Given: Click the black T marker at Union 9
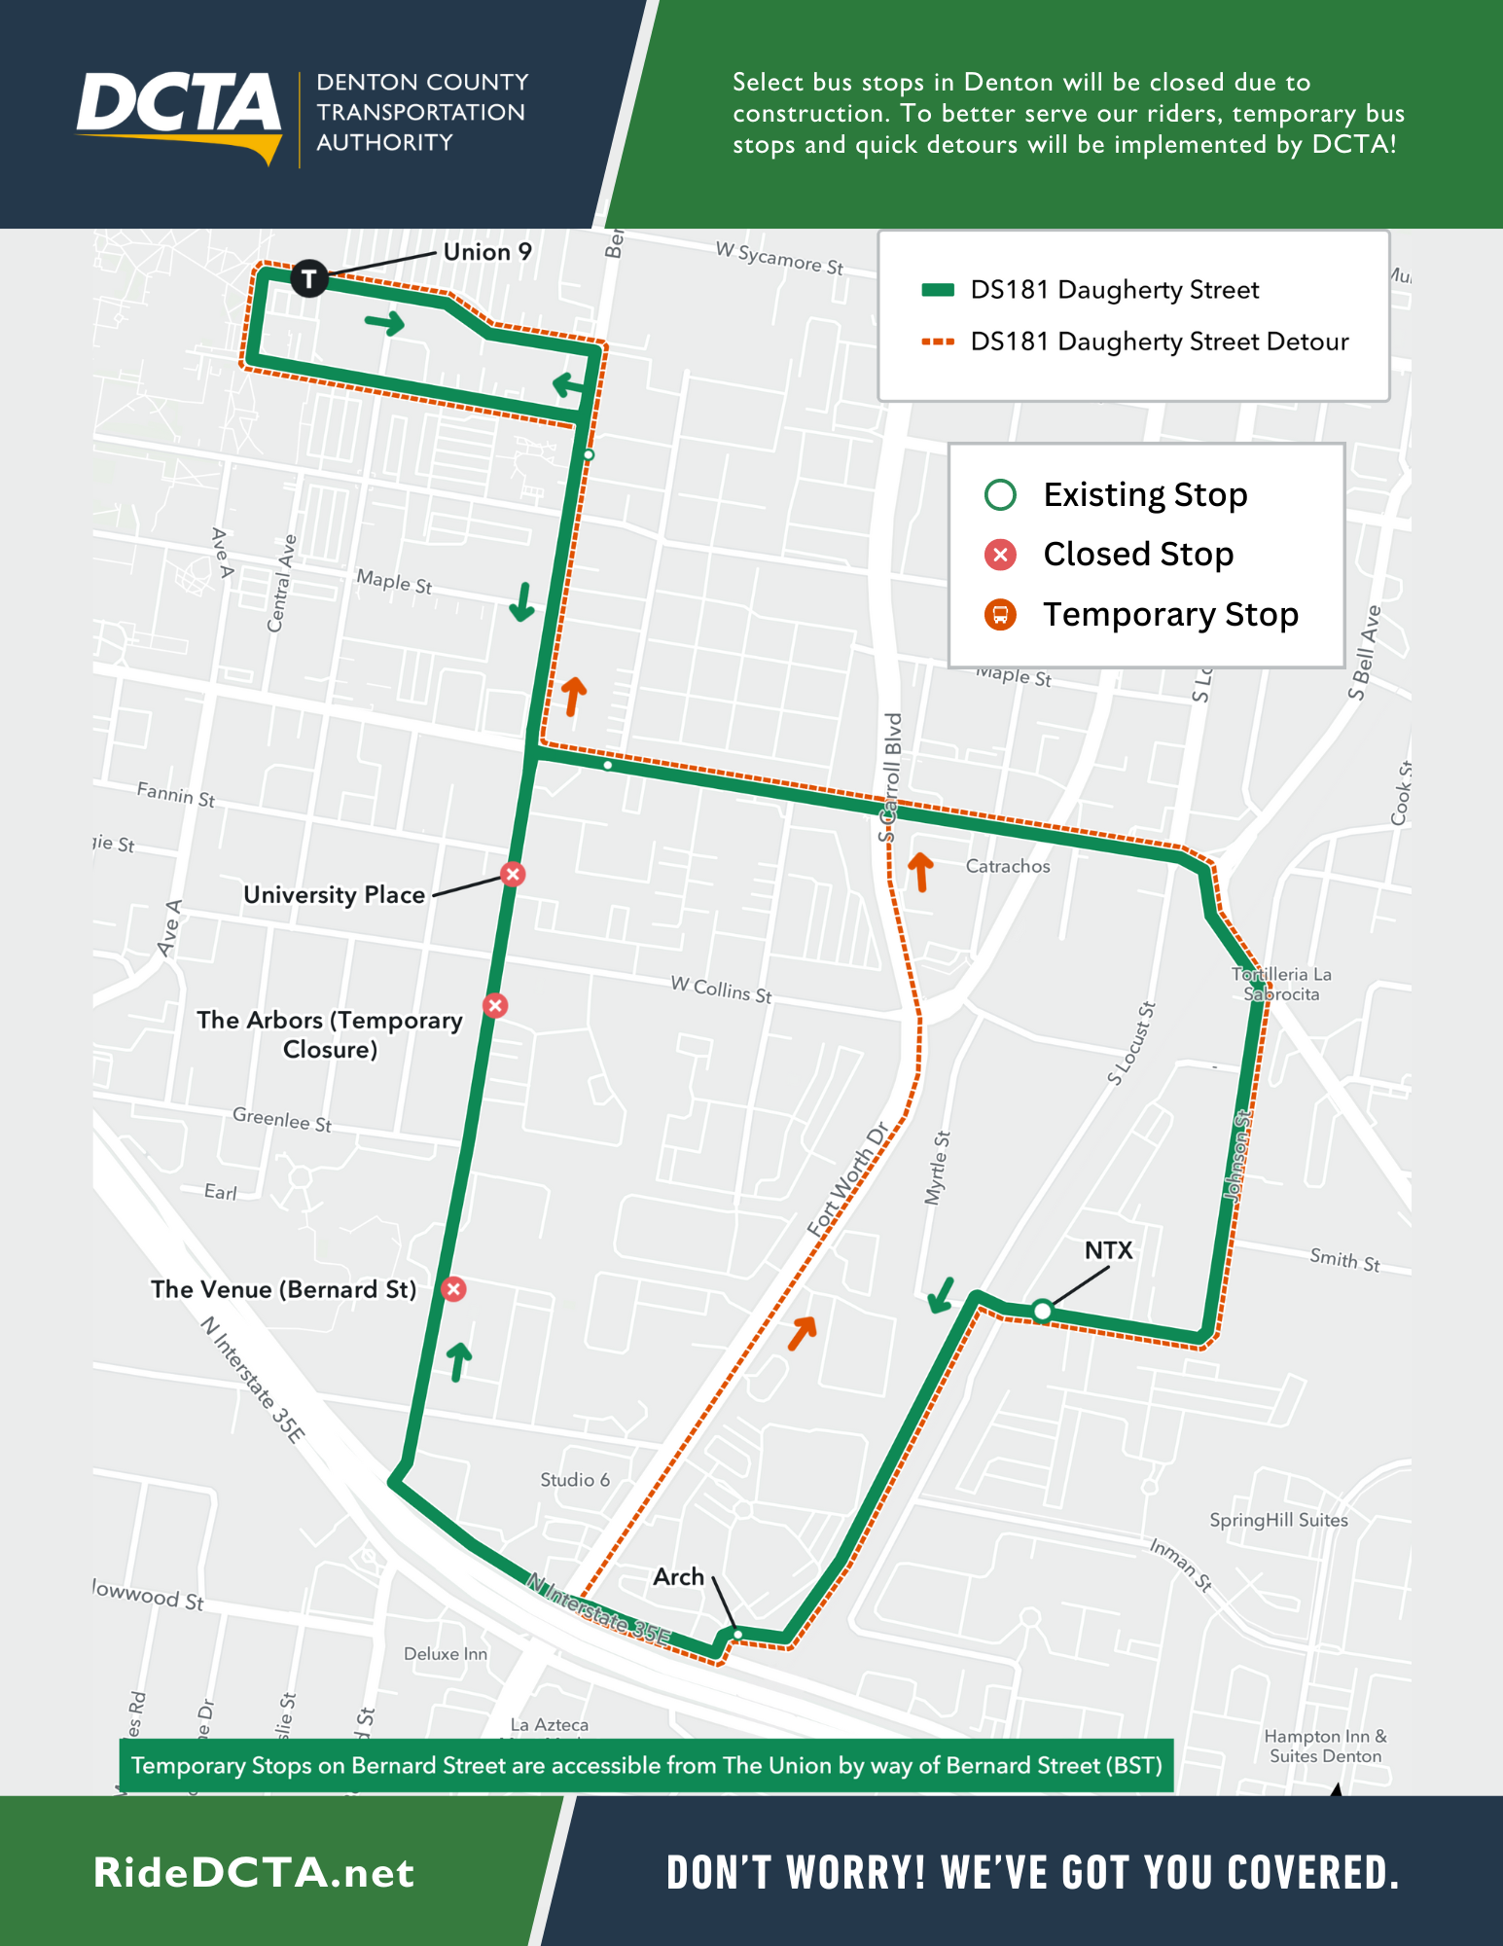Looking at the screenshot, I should click(x=308, y=279).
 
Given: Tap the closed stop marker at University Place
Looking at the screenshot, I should click(x=513, y=874).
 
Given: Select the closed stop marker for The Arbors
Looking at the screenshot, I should click(x=495, y=1005).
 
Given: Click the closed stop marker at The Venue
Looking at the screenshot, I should click(x=453, y=1289).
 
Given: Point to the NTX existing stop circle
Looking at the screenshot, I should click(x=1042, y=1311).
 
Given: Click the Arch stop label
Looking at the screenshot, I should click(x=678, y=1576).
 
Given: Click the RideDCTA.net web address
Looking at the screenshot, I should click(x=254, y=1873).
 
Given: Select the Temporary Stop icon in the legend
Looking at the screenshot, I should click(x=1000, y=615).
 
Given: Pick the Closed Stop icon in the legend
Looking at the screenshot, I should click(x=1000, y=555).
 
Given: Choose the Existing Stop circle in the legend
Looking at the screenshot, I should click(x=1000, y=495).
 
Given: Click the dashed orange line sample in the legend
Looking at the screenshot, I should click(x=938, y=342).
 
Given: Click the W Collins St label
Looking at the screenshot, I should click(x=721, y=990).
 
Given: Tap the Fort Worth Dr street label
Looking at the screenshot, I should click(x=848, y=1179).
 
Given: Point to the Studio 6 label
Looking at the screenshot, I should click(x=575, y=1480).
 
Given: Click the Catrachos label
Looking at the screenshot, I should click(x=1008, y=866).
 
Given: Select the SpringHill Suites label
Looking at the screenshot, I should click(x=1278, y=1520).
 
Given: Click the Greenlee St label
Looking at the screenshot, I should click(x=282, y=1119).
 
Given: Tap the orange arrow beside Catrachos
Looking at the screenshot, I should click(x=920, y=871).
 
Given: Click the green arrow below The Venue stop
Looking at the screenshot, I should click(x=458, y=1359).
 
